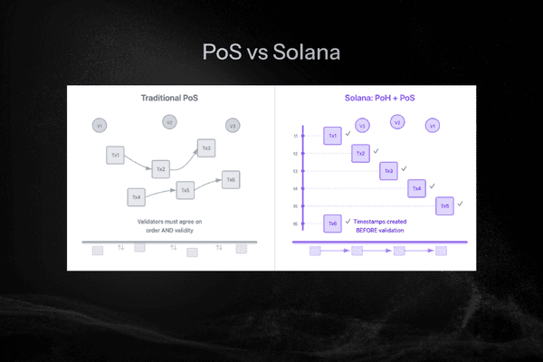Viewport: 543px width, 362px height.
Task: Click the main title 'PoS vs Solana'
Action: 271,52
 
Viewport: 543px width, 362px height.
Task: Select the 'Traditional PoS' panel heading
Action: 170,98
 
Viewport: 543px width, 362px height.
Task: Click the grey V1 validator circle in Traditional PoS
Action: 100,124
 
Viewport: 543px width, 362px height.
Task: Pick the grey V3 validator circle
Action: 233,126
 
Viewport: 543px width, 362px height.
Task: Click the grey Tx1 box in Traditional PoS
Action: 116,154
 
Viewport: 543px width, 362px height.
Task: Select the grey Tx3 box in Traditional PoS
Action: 206,148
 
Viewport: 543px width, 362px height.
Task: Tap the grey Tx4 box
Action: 137,196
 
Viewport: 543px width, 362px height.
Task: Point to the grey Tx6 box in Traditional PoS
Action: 232,179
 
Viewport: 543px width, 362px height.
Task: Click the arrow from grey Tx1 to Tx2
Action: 138,164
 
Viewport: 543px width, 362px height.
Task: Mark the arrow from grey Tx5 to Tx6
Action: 208,184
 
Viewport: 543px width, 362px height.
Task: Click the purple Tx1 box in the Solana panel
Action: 333,136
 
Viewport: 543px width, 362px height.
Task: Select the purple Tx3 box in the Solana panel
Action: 388,170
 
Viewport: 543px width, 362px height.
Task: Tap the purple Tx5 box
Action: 444,205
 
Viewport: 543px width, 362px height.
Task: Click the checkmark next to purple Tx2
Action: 376,150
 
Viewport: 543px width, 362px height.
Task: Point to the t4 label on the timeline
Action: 295,188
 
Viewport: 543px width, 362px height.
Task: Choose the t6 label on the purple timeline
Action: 295,223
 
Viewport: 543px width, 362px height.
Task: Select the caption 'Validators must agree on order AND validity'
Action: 170,225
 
